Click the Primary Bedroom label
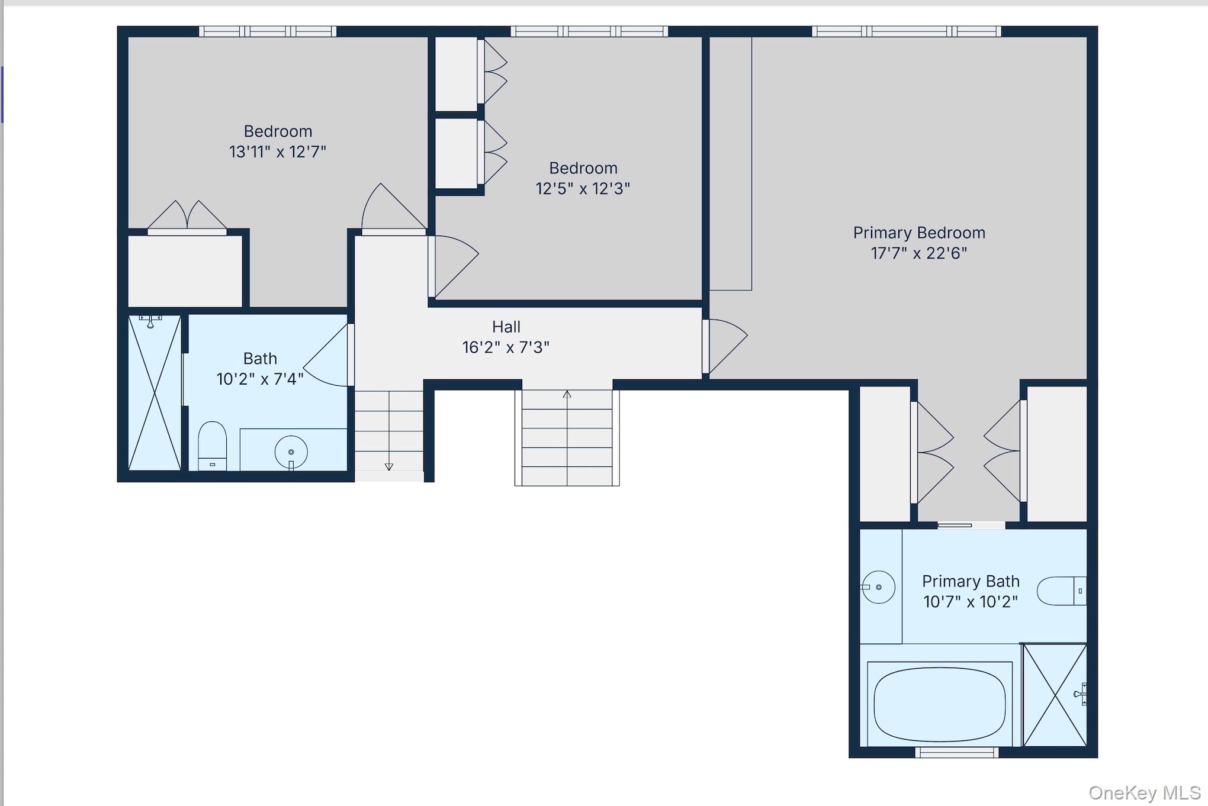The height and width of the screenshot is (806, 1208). coord(919,233)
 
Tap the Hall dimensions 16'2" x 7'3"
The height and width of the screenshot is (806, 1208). coord(506,347)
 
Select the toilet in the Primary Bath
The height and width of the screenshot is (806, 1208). coord(1062,591)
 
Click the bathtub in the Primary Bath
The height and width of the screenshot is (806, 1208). coord(940,704)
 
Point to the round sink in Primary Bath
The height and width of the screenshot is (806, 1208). coord(878,587)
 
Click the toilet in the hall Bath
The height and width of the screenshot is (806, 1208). coord(212,446)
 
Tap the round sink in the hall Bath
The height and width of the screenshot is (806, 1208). coord(291,453)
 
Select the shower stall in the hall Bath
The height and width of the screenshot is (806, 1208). coord(155,392)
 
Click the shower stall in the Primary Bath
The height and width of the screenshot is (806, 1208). coord(1055,695)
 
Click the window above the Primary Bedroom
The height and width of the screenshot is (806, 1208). coord(906,31)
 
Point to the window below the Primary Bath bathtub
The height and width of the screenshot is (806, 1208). coord(956,753)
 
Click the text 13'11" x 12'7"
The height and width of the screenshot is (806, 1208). coord(278,151)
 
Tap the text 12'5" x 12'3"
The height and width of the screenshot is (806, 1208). coord(583,188)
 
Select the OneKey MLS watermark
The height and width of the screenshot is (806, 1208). coord(1144,792)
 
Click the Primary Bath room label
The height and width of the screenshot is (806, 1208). coord(971,581)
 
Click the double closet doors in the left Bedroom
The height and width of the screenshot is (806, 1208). coord(187,215)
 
